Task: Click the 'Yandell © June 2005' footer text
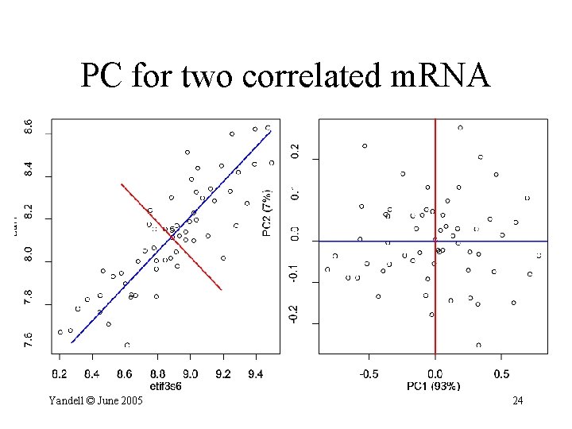(x=95, y=400)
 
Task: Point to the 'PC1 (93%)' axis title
(x=435, y=386)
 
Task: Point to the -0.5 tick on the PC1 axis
(x=368, y=373)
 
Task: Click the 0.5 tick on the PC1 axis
(x=501, y=373)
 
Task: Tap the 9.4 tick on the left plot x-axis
(x=256, y=373)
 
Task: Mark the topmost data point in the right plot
(x=460, y=127)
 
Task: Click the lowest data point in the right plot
(x=478, y=345)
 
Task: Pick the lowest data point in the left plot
(x=127, y=345)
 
